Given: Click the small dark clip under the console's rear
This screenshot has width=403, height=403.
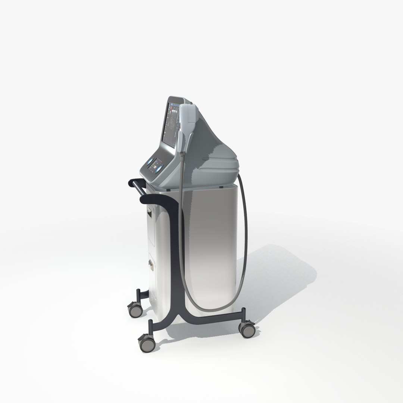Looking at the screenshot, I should pos(221,185).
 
